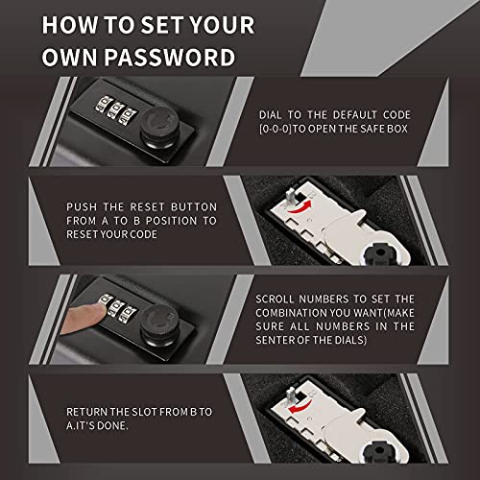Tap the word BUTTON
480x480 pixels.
pyautogui.click(x=188, y=205)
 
